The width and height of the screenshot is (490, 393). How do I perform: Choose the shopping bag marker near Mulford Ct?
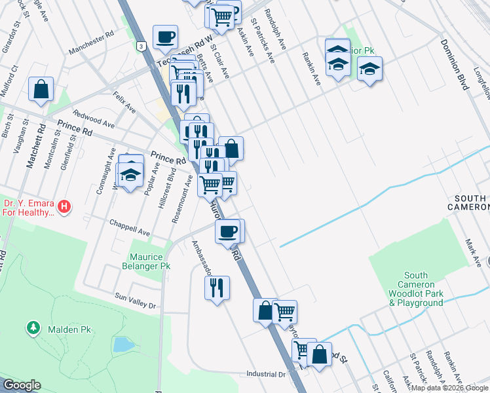(x=41, y=89)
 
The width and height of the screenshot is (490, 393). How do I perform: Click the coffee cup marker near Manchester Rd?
(x=165, y=37)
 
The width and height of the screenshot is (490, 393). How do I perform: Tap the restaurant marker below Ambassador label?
(x=217, y=287)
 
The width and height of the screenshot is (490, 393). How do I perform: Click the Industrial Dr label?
(x=267, y=374)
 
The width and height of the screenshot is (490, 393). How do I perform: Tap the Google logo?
(x=22, y=385)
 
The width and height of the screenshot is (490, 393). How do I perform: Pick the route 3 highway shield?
(x=140, y=46)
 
